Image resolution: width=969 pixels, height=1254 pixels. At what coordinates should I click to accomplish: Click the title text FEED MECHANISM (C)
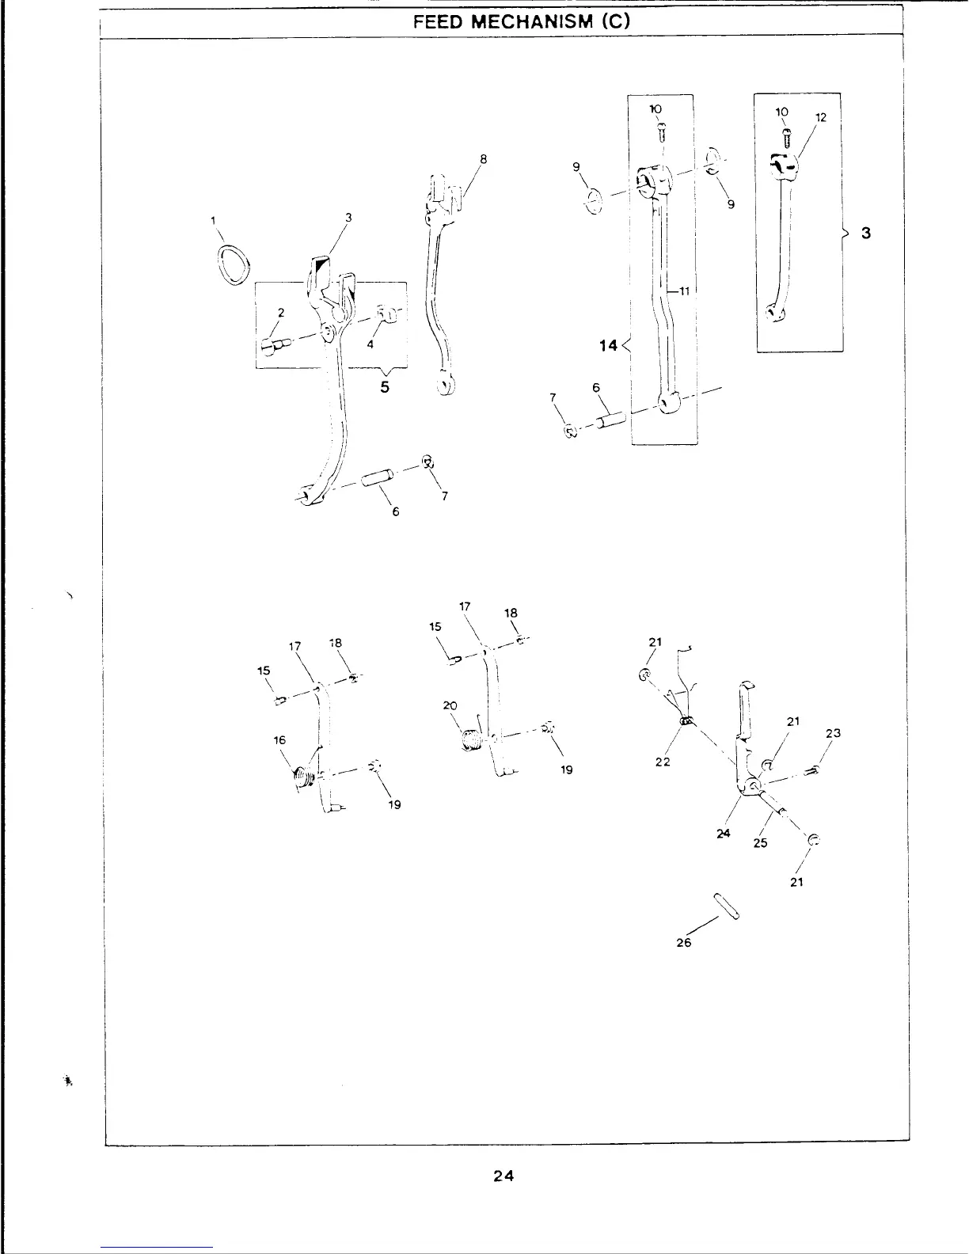522,22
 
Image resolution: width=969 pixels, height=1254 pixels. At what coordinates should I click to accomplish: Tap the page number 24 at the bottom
503,1176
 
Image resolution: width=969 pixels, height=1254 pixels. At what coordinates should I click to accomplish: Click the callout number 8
483,158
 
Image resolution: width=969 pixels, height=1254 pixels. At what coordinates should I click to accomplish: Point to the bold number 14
610,346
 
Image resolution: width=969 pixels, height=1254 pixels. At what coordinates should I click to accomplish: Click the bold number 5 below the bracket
385,388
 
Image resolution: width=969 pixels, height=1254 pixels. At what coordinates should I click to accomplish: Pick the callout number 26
684,942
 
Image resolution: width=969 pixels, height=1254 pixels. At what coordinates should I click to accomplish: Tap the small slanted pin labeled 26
727,906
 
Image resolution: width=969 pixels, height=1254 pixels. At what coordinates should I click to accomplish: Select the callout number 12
820,118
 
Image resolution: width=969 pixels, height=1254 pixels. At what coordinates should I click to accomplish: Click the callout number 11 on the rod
685,291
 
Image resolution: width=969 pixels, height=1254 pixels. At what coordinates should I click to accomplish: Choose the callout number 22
663,762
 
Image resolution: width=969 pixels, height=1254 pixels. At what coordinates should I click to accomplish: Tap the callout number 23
832,733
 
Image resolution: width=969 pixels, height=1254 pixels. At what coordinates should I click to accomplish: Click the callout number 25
760,843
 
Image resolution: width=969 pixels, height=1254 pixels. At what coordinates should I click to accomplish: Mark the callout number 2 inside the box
279,312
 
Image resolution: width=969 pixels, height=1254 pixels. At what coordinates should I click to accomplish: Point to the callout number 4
370,343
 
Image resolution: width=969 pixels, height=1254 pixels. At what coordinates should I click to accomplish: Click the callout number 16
279,740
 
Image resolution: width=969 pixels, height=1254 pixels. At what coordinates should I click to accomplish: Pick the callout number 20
450,705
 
